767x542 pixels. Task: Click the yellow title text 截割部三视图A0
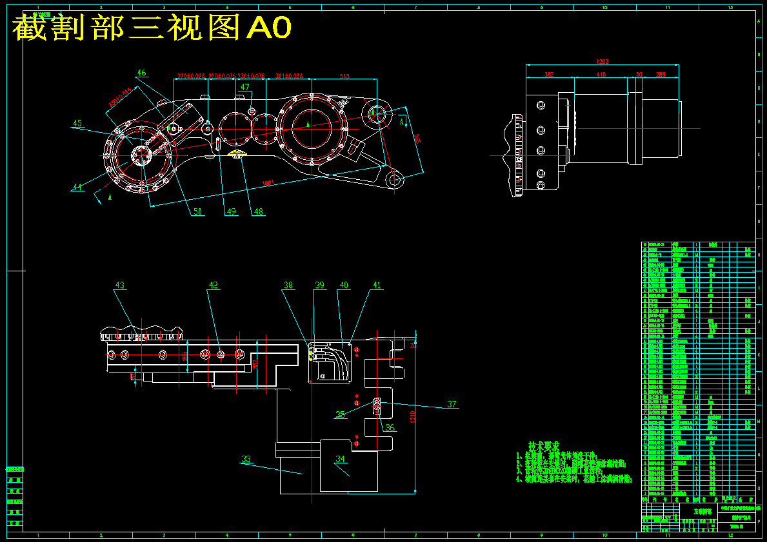point(152,28)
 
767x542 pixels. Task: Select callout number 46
point(142,73)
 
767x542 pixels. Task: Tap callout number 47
point(245,87)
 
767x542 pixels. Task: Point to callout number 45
point(77,123)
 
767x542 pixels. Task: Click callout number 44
point(77,187)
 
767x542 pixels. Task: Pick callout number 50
point(197,211)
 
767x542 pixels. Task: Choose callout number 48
point(258,211)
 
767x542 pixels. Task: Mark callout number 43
point(120,285)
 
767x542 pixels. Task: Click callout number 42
point(213,285)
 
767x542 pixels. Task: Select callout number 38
point(288,285)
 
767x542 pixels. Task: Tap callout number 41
point(377,285)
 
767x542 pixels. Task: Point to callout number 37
point(452,404)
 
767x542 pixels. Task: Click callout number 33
point(246,460)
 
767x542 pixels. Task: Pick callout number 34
point(340,460)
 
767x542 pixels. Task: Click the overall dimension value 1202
point(603,62)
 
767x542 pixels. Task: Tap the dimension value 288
point(661,75)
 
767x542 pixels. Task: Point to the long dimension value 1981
point(268,183)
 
